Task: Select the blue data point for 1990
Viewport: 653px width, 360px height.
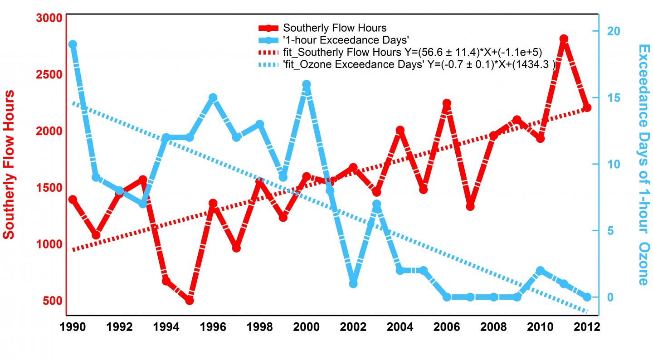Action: point(73,44)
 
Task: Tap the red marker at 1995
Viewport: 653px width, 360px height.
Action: point(190,300)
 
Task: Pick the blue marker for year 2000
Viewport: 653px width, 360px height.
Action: point(307,84)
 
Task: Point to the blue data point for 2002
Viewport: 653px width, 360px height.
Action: point(353,284)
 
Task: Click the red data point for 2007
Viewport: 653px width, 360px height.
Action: point(470,206)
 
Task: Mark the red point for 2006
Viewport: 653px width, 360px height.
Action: point(447,103)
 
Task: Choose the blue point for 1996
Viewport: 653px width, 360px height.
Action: point(213,97)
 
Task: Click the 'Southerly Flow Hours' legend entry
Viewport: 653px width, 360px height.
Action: point(335,28)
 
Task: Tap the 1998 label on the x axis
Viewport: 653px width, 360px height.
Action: point(259,327)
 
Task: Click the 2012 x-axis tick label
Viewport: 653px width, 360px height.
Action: point(587,327)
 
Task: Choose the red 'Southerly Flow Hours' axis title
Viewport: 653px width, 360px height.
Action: point(9,165)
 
